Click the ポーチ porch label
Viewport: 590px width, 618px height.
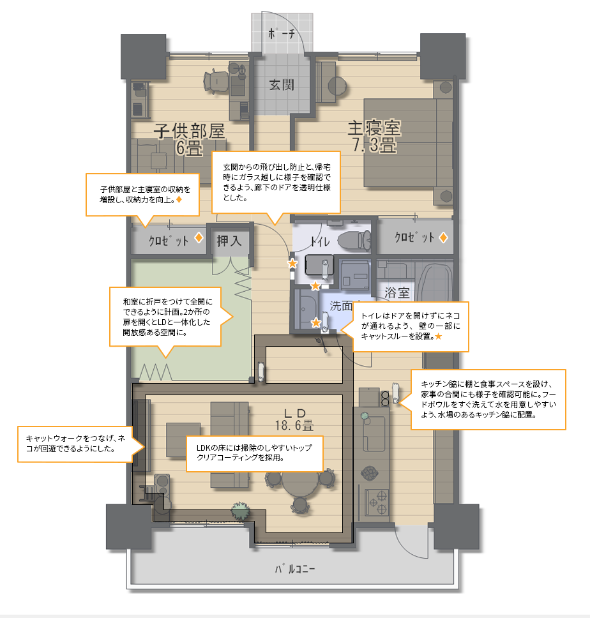pyautogui.click(x=282, y=33)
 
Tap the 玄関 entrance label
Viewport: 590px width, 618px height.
pyautogui.click(x=282, y=84)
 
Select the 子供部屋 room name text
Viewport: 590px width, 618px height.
pyautogui.click(x=189, y=131)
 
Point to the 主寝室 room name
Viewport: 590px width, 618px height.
pyautogui.click(x=374, y=128)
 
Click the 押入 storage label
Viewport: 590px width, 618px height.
pyautogui.click(x=229, y=241)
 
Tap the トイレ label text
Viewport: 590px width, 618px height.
pyautogui.click(x=320, y=241)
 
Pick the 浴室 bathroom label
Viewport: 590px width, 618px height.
pyautogui.click(x=397, y=292)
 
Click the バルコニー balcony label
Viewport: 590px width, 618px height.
pyautogui.click(x=295, y=569)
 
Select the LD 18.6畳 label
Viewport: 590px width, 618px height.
pyautogui.click(x=294, y=419)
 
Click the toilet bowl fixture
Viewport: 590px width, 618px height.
pyautogui.click(x=354, y=241)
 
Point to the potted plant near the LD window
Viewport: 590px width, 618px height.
pyautogui.click(x=240, y=511)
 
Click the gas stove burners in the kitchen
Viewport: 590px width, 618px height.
pyautogui.click(x=377, y=502)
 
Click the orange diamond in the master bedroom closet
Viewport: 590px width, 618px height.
pyautogui.click(x=443, y=237)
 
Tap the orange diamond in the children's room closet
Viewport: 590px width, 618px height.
pyautogui.click(x=199, y=237)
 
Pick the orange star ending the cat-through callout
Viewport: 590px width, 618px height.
pyautogui.click(x=438, y=336)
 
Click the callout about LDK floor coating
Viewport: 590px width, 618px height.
pyautogui.click(x=255, y=453)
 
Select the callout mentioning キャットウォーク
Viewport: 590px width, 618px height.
pyautogui.click(x=75, y=444)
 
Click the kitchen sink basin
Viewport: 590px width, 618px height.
pyautogui.click(x=374, y=433)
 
